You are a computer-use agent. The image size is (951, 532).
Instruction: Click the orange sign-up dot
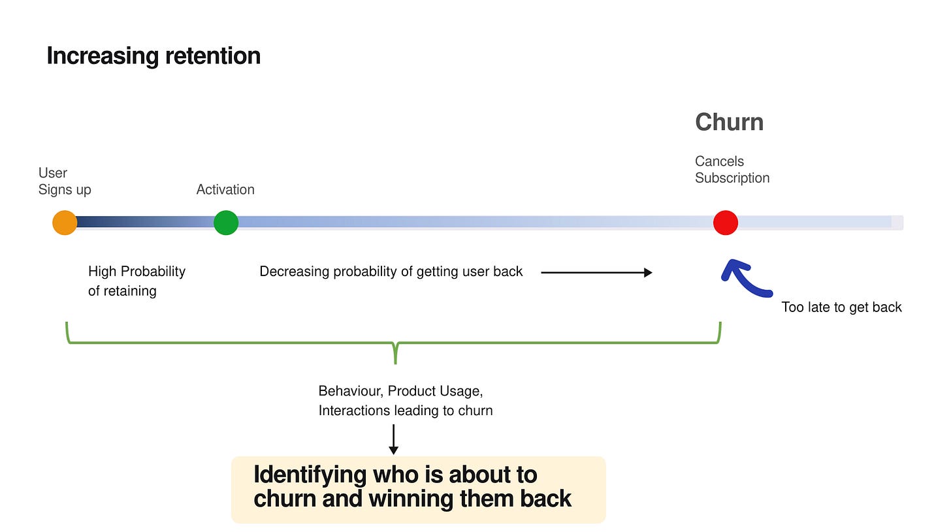pos(65,223)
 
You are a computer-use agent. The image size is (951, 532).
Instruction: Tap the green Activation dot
pos(226,223)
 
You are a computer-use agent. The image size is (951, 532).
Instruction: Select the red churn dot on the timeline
pos(726,223)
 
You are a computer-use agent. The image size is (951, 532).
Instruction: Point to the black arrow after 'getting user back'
pos(596,272)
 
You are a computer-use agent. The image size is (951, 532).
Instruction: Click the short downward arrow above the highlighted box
pos(394,439)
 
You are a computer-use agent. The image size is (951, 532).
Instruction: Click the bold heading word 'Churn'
pos(730,122)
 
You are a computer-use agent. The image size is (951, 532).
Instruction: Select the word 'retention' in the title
pos(213,56)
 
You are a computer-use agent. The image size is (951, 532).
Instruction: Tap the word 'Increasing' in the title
pos(103,56)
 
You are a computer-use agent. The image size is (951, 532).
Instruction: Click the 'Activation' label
pos(225,189)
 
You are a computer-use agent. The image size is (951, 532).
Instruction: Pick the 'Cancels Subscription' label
pos(732,169)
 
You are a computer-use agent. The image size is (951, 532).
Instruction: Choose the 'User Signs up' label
pos(65,181)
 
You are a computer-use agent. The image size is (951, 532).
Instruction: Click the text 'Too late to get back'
pos(841,307)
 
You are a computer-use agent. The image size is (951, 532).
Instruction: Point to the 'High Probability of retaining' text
pos(137,281)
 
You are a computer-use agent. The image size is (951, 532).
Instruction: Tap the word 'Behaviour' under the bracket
pos(351,391)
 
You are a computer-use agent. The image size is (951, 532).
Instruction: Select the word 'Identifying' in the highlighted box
pos(310,475)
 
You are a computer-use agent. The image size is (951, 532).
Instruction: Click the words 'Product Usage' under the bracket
pos(435,391)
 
